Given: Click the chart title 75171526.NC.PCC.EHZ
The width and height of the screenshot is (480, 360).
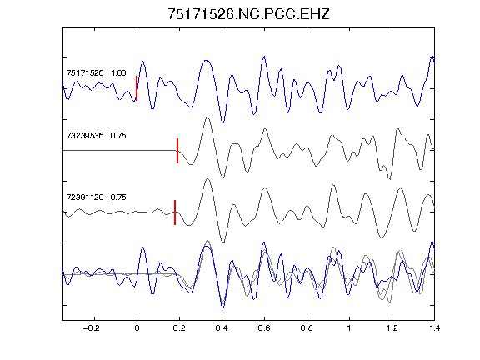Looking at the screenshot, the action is tap(248, 14).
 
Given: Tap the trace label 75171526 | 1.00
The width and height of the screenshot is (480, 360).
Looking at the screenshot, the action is tap(96, 73).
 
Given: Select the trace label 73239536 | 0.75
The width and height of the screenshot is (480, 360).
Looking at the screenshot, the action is tap(96, 135).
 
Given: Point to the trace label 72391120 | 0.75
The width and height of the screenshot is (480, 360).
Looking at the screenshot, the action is tap(96, 197).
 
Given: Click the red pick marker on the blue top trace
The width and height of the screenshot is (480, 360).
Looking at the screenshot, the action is tap(137, 88).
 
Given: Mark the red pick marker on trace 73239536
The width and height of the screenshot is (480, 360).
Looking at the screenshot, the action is tap(177, 151).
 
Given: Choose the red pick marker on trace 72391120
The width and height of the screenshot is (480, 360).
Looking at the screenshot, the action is tap(175, 212).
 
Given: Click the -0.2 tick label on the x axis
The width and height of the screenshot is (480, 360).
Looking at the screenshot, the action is tap(91, 328).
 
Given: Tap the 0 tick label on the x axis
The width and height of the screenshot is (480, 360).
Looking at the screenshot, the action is tap(137, 328).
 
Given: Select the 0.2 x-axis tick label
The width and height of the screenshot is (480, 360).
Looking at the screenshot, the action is tap(179, 328).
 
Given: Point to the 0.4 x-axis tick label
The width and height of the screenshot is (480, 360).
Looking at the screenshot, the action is tap(222, 328).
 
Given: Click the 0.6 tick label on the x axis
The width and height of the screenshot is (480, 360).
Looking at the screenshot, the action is tap(264, 328).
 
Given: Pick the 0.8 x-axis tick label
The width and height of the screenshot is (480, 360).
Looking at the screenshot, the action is tap(307, 328).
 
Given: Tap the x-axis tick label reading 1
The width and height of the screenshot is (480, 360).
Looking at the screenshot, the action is tap(349, 328).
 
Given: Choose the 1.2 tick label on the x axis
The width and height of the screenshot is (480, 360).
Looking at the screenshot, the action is tap(392, 328).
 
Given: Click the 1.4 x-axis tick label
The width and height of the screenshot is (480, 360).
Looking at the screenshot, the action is tap(434, 328).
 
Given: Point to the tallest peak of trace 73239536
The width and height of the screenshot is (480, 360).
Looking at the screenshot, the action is tap(207, 117).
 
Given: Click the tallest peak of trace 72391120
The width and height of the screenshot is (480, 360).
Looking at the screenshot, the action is tap(207, 179).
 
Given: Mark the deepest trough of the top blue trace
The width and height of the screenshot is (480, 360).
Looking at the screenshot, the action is tap(222, 122).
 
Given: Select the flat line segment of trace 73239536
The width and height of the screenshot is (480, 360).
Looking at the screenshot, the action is tap(119, 150).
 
